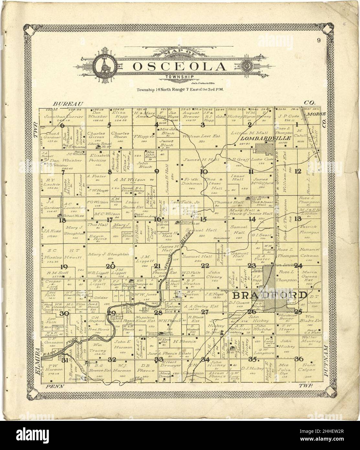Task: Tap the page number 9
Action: [319, 40]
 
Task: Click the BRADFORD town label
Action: [270, 296]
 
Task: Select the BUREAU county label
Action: [68, 104]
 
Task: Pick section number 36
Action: [299, 358]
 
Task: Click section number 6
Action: [62, 125]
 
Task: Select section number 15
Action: [203, 219]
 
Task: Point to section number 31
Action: [66, 360]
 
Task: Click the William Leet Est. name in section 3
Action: [197, 136]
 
